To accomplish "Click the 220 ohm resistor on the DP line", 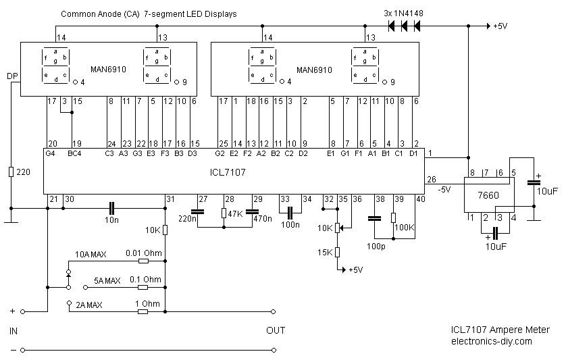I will click(x=11, y=172).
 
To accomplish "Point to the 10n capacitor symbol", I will click(x=112, y=205).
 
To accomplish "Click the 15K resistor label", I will click(x=325, y=253).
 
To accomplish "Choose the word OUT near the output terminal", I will click(x=276, y=330).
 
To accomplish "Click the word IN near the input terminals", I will click(x=14, y=331).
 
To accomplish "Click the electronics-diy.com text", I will click(x=492, y=341).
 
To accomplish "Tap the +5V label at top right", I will click(x=500, y=26).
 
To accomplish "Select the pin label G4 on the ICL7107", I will click(x=51, y=153).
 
